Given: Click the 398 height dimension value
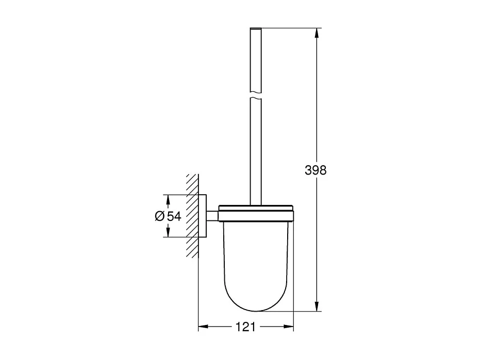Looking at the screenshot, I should click(x=316, y=170).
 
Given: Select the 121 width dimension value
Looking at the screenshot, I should click(x=246, y=327).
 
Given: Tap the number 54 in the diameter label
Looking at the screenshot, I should click(x=174, y=216).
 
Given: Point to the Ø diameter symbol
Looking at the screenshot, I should click(x=159, y=216).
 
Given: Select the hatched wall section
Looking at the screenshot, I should click(x=192, y=216).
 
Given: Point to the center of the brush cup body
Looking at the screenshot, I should click(x=256, y=258).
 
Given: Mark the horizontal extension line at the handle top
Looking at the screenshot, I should click(x=289, y=26).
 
